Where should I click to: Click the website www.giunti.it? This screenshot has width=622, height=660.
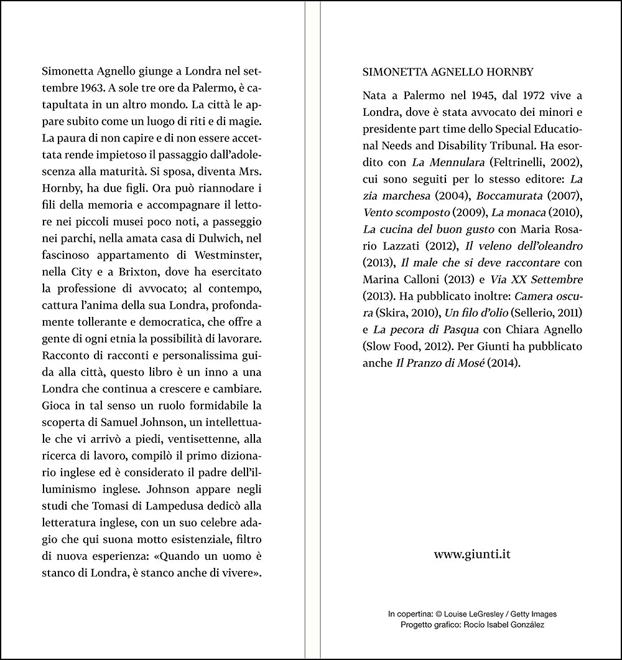coord(472,553)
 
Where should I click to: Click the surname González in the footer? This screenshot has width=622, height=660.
coord(526,625)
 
